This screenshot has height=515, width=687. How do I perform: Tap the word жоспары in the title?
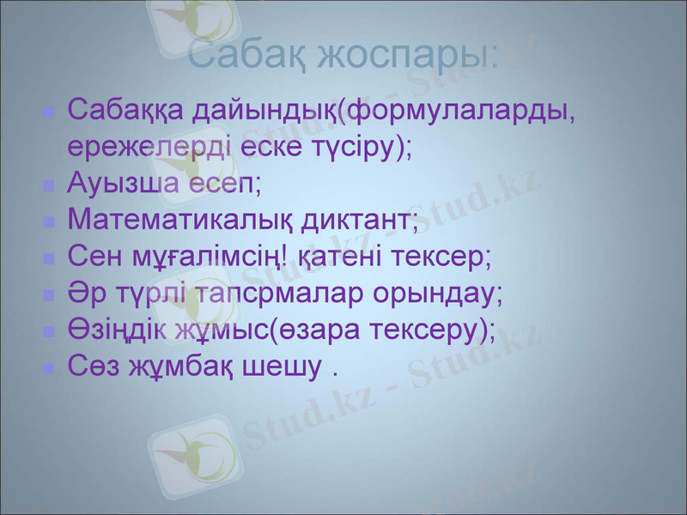pos(407,56)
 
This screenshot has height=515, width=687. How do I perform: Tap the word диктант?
pos(360,221)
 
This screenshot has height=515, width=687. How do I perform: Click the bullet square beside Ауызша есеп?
pos(49,185)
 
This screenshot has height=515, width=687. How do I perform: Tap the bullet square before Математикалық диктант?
pos(49,222)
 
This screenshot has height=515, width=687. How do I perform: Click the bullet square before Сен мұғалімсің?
pos(49,259)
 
